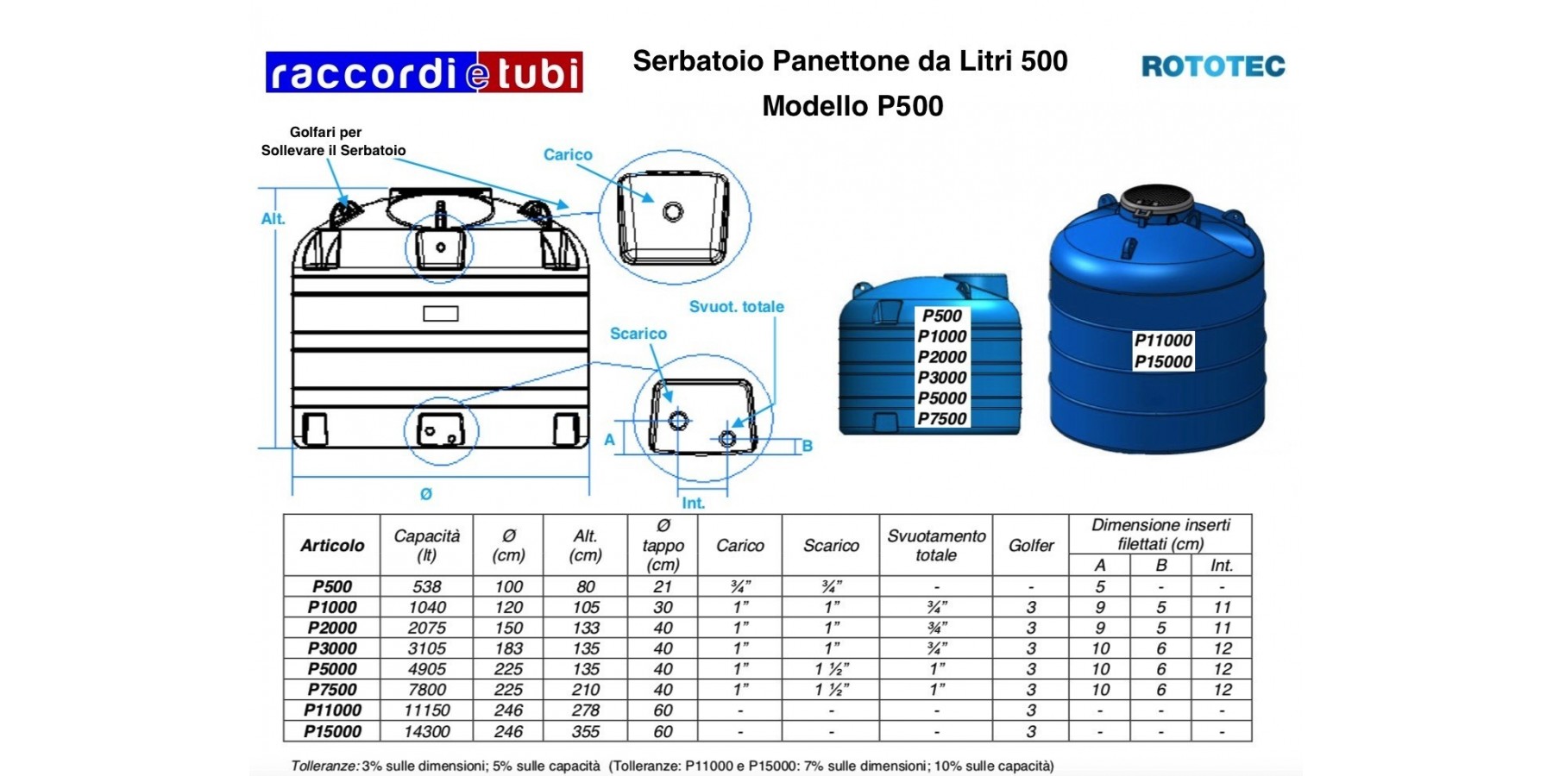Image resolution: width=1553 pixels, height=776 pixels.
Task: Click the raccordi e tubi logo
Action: (424, 72)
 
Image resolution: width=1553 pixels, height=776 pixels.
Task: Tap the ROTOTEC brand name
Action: (1213, 66)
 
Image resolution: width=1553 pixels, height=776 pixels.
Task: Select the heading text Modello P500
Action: (852, 106)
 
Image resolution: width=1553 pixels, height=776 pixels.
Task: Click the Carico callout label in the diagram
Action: (568, 154)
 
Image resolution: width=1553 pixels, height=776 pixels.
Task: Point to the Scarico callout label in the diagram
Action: (638, 334)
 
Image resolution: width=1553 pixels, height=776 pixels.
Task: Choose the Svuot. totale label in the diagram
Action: (737, 307)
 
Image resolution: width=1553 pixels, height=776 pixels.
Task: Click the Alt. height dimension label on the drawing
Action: (274, 219)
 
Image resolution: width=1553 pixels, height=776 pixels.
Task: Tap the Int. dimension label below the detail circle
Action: (694, 503)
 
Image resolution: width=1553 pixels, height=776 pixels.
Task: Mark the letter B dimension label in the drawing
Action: (808, 446)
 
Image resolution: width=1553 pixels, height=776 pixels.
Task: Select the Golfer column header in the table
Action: (1031, 546)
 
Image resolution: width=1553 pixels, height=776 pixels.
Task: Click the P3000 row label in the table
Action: (332, 648)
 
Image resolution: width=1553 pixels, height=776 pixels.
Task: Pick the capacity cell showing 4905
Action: (427, 669)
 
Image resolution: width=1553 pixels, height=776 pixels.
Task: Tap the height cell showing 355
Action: (586, 731)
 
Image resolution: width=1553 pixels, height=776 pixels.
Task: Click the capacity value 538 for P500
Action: (427, 586)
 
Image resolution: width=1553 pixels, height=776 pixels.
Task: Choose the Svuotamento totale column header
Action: (936, 546)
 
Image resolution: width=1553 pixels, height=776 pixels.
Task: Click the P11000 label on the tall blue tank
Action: (1163, 341)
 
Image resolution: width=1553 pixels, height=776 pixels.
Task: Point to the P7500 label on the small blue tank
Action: (942, 419)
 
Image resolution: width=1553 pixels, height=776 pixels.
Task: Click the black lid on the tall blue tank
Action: (1156, 201)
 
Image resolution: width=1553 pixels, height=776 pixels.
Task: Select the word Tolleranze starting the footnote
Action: (324, 766)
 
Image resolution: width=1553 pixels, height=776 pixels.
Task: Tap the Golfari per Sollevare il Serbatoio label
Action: (333, 141)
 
